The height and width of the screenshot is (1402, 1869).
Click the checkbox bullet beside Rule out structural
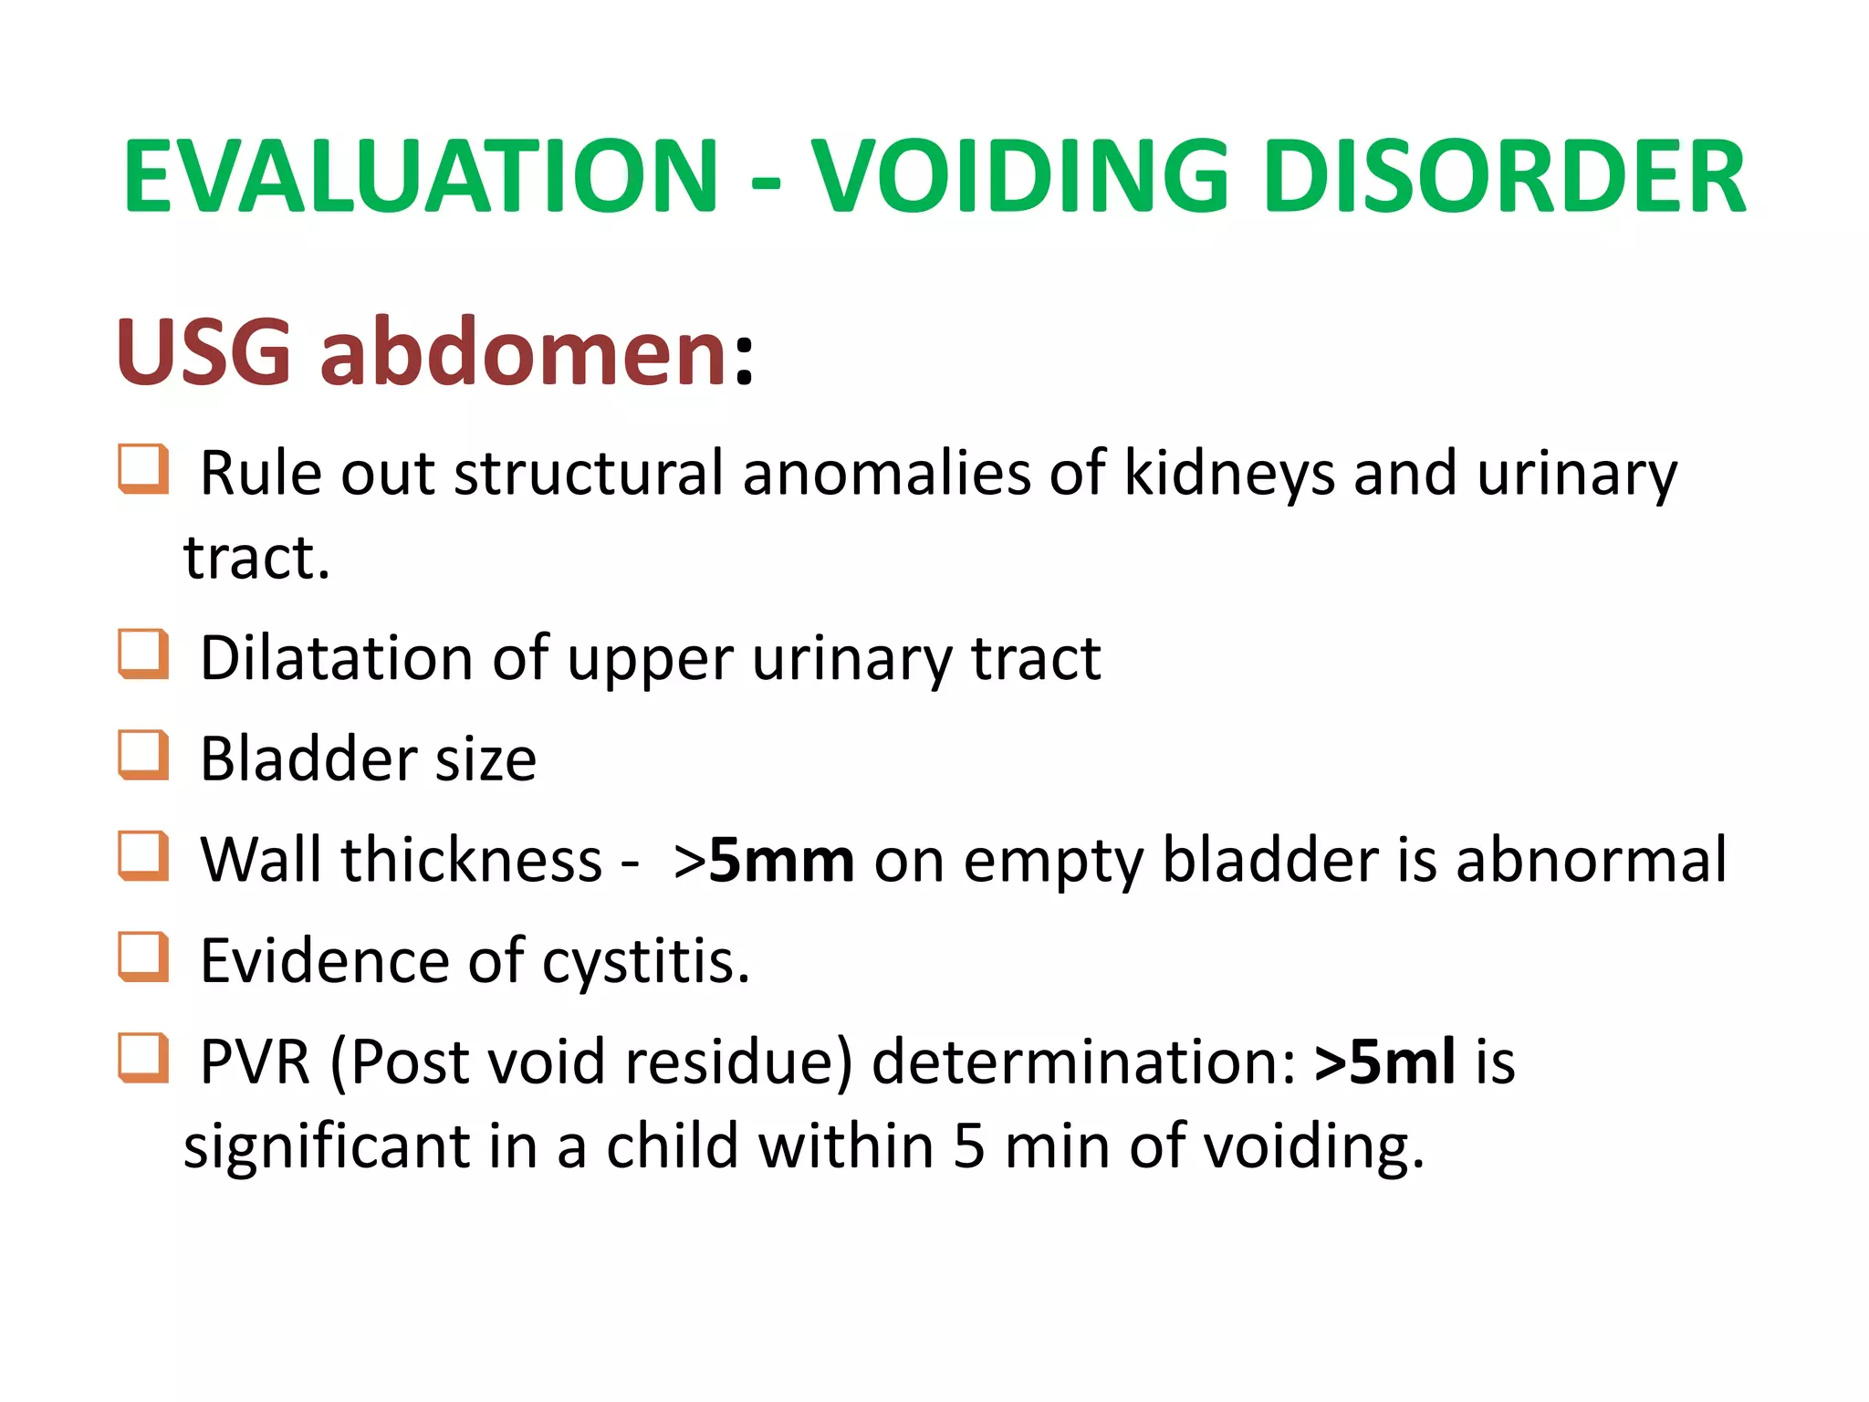(x=143, y=469)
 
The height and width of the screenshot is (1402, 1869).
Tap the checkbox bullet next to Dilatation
(x=143, y=654)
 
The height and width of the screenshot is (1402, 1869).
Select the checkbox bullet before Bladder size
(x=143, y=755)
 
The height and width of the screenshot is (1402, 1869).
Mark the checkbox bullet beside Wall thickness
(x=143, y=856)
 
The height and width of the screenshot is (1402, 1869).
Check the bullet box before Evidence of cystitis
(x=143, y=957)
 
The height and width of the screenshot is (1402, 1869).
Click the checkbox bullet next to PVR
(x=143, y=1058)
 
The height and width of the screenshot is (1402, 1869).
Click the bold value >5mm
(x=764, y=860)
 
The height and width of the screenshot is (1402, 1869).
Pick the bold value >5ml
(x=1384, y=1062)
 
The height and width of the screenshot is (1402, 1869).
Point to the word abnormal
(x=1591, y=860)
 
